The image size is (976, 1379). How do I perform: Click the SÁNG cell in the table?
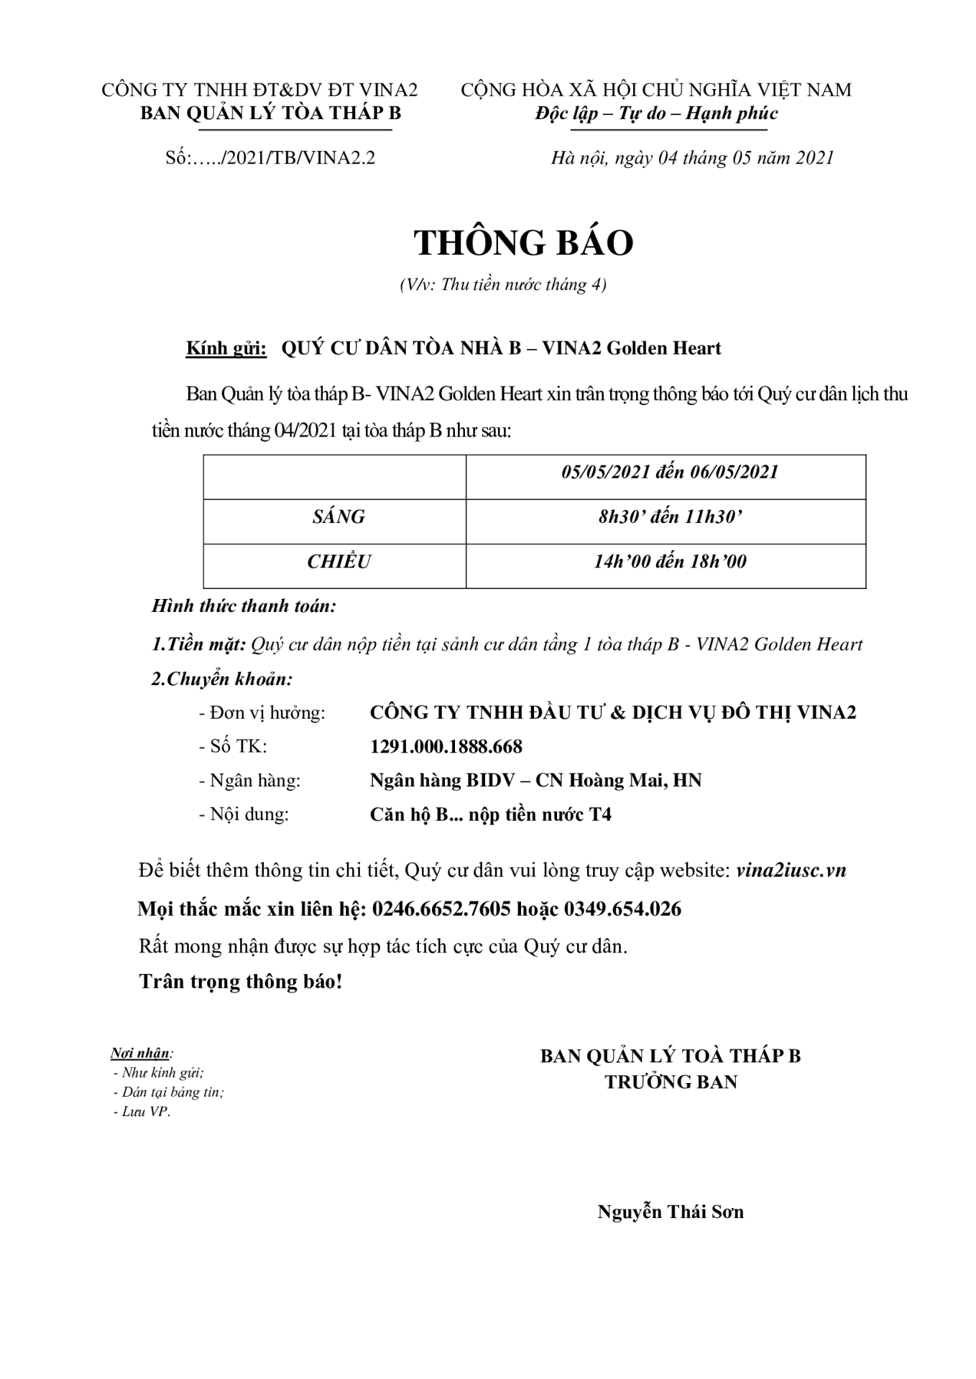click(x=339, y=517)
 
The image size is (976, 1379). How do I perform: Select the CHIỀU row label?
click(x=339, y=562)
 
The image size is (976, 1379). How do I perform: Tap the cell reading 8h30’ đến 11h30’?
click(x=669, y=517)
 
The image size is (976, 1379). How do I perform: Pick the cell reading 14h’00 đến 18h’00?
click(x=669, y=562)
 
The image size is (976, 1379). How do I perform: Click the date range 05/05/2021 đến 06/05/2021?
click(x=669, y=472)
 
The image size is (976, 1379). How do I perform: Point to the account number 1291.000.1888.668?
click(x=446, y=746)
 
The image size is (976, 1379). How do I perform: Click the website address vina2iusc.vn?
click(x=791, y=870)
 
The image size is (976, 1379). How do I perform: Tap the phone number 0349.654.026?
click(x=622, y=909)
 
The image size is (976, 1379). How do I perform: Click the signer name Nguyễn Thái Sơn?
click(x=670, y=1212)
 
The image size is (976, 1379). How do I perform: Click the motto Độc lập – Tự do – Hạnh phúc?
click(x=656, y=113)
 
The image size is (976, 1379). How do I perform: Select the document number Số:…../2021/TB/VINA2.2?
click(x=270, y=158)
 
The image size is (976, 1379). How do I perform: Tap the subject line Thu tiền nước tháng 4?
click(x=503, y=285)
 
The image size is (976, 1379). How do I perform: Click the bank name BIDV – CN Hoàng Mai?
click(x=535, y=780)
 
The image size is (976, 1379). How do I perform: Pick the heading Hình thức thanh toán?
click(x=244, y=606)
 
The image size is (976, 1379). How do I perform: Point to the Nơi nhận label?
click(x=141, y=1054)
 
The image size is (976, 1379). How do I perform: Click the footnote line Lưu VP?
click(x=144, y=1112)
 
